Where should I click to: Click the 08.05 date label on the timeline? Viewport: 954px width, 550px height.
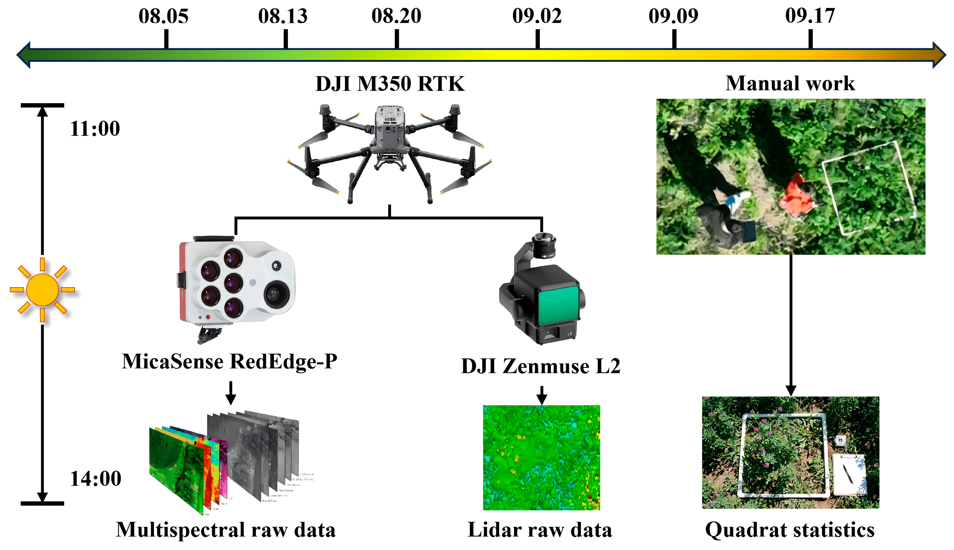163,16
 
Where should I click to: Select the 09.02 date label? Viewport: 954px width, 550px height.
536,16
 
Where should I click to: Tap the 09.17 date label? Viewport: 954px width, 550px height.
810,16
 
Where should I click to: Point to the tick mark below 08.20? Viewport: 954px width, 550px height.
397,39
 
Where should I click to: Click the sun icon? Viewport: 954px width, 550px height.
42,290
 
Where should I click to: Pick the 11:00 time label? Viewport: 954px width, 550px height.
95,129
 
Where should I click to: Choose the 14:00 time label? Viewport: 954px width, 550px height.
95,479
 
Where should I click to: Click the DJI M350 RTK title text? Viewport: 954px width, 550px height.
390,84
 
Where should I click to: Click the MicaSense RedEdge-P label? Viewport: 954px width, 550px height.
229,361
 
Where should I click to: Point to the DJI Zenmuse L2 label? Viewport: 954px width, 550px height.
540,366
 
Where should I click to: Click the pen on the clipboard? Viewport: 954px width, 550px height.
848,474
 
